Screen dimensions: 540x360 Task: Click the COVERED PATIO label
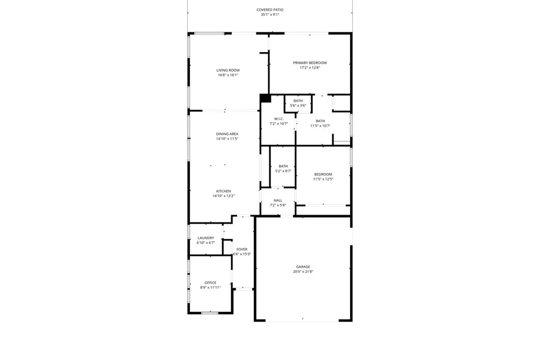(270, 9)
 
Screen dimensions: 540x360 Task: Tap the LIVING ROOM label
(228, 70)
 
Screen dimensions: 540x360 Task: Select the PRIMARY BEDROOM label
(310, 63)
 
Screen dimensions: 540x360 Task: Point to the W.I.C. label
(279, 119)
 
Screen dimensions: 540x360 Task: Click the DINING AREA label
(227, 134)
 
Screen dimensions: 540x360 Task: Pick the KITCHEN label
(224, 191)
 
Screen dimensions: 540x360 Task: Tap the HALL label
(278, 200)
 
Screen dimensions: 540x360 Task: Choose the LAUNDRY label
(206, 238)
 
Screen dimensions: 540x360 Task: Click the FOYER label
(242, 249)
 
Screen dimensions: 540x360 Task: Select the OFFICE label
(210, 283)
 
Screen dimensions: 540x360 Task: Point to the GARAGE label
(303, 267)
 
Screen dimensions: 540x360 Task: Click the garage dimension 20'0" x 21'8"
(303, 271)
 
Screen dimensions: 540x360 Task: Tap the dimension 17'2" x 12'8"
(310, 68)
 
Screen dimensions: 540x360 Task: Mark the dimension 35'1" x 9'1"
(270, 15)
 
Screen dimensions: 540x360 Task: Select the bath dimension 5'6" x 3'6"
(298, 105)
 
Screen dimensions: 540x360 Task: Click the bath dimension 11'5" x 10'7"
(320, 126)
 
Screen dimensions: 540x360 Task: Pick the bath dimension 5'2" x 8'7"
(283, 171)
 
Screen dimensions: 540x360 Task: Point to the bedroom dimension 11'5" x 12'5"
(323, 179)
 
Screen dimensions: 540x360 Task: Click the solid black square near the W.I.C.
(265, 98)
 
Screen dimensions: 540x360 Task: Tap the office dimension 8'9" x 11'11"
(210, 288)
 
